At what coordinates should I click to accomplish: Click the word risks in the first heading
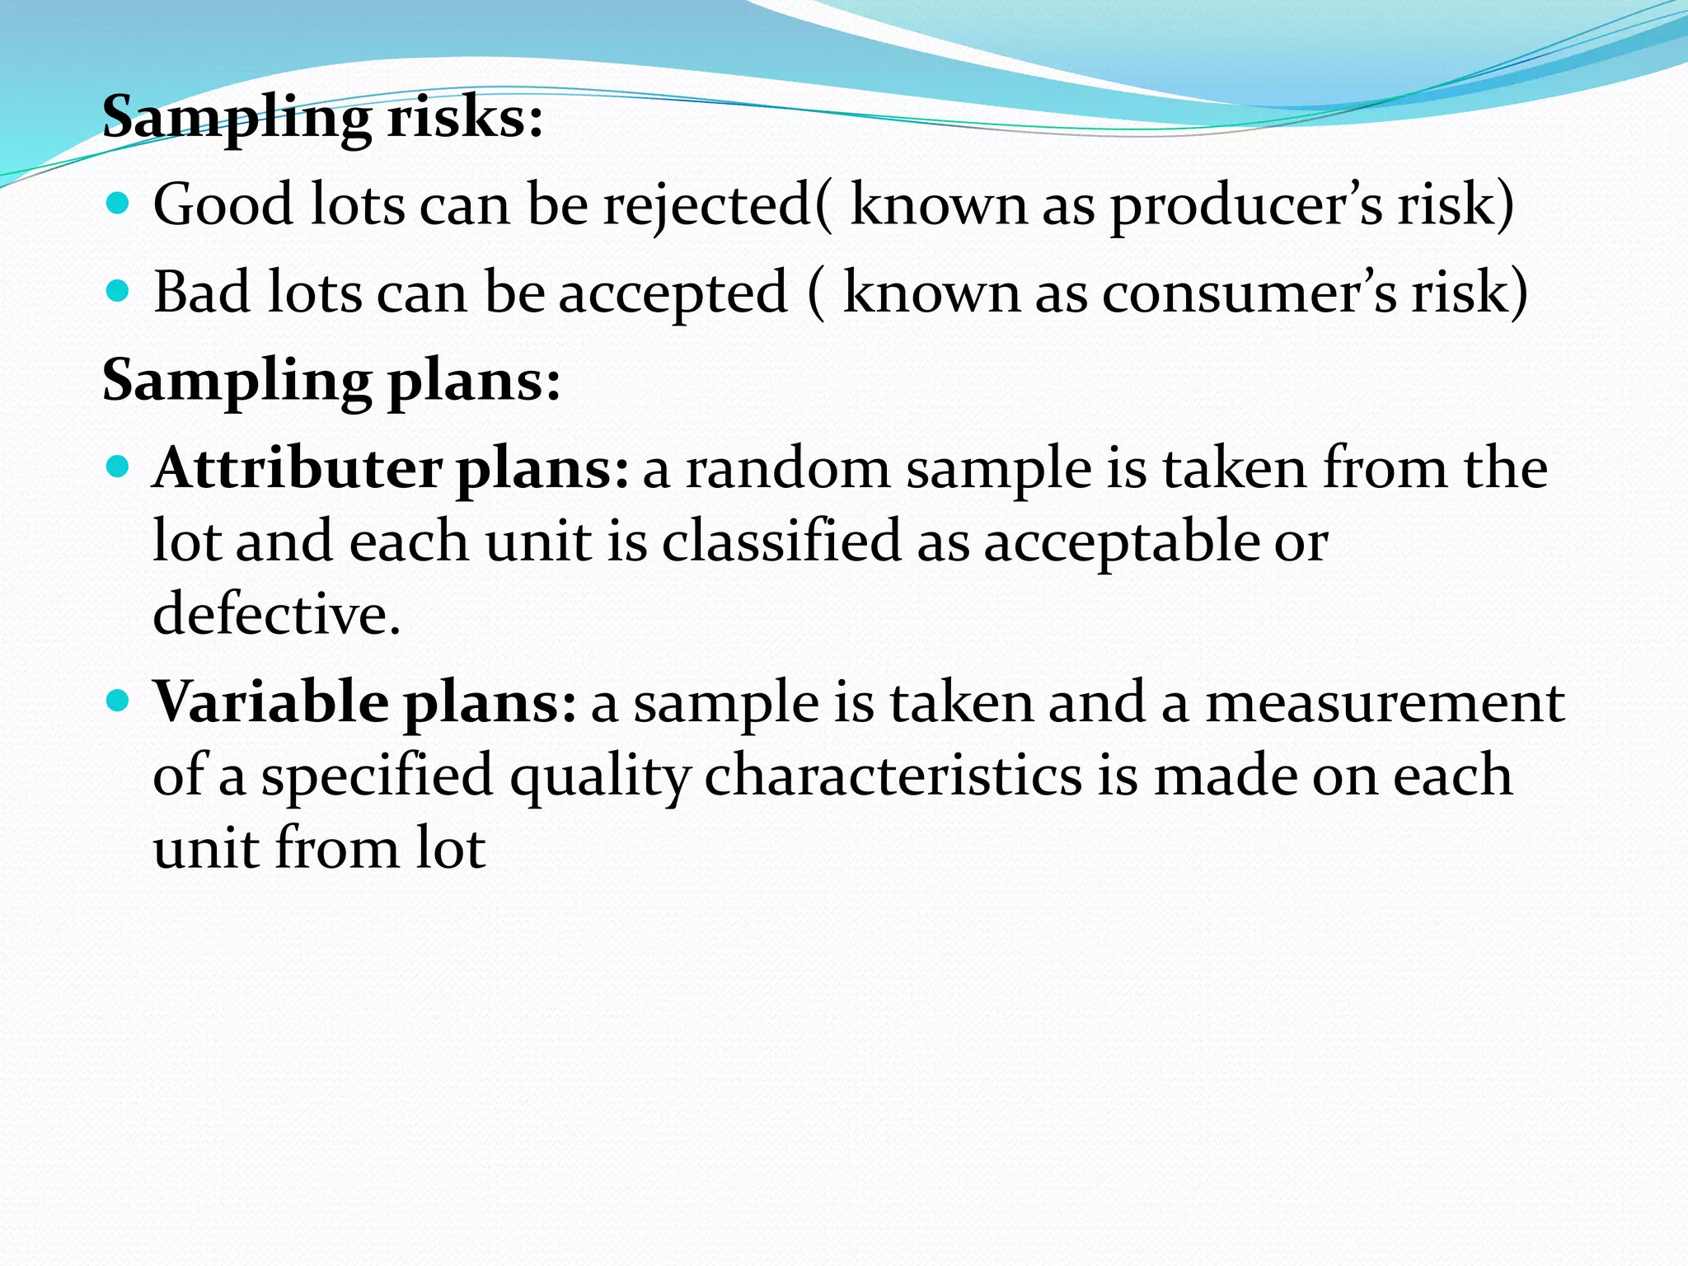[x=465, y=117]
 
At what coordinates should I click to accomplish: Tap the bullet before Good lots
[x=119, y=203]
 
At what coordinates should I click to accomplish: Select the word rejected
[x=707, y=206]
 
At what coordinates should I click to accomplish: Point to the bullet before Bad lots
[x=119, y=291]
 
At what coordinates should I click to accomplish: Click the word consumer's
[x=1249, y=293]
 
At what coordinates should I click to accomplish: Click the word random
[x=788, y=469]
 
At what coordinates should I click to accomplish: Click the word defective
[x=276, y=614]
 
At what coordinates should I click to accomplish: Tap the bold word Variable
[x=271, y=702]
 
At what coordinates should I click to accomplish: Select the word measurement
[x=1385, y=704]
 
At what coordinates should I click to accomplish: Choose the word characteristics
[x=893, y=776]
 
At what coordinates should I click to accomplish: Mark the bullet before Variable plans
[x=119, y=701]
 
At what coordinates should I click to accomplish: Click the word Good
[x=223, y=204]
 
